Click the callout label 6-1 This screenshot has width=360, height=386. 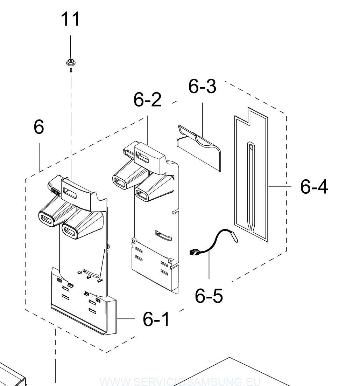coord(156,319)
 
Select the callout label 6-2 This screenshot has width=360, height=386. coord(147,100)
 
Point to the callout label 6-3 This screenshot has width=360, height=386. coord(202,87)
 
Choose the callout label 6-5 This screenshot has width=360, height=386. coord(209,296)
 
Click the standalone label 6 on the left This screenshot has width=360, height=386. coord(39,127)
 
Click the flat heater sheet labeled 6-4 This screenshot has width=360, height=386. coord(251,182)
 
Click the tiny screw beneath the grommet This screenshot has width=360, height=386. coord(71,70)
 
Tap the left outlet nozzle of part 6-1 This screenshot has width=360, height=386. coord(47,219)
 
